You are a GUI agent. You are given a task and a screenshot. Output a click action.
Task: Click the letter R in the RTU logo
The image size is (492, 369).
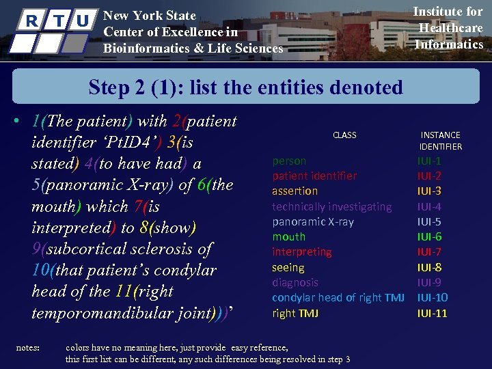tap(31, 20)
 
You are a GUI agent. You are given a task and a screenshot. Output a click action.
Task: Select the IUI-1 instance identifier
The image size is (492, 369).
tap(430, 161)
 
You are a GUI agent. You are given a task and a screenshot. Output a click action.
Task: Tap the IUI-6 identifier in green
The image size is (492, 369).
tap(430, 236)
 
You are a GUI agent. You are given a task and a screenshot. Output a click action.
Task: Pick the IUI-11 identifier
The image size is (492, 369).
tap(433, 313)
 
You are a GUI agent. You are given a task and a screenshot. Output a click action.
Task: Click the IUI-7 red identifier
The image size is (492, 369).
tap(430, 252)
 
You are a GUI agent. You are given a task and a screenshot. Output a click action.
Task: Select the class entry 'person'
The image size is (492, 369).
tap(289, 161)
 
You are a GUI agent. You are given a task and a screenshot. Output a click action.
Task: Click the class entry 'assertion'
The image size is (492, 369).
tap(295, 191)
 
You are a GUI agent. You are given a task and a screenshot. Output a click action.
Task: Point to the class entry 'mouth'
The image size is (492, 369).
tap(288, 236)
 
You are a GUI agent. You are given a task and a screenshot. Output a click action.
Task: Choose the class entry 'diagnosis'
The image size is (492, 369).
tap(295, 282)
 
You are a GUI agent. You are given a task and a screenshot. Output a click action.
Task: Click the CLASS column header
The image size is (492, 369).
tap(344, 135)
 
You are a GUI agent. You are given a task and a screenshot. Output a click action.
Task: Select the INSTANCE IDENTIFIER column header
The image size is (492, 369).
tap(441, 141)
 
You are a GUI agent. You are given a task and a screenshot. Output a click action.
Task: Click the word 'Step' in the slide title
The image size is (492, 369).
tap(111, 87)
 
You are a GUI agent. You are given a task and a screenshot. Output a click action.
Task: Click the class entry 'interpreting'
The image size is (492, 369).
tap(302, 252)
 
